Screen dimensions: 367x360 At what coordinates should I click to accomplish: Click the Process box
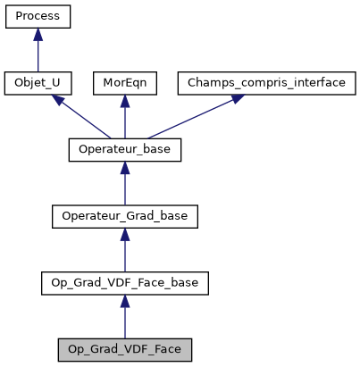[38, 16]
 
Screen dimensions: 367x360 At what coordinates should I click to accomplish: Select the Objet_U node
[38, 83]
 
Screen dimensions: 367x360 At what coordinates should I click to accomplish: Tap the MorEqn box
[125, 83]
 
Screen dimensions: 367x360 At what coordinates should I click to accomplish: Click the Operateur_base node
[125, 150]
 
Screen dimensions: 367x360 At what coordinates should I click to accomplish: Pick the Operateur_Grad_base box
[125, 217]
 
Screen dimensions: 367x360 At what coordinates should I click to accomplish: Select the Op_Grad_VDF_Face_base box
[125, 284]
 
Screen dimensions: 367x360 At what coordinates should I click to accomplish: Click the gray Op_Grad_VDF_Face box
[125, 350]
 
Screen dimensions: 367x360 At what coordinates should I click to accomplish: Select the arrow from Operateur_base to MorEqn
[125, 119]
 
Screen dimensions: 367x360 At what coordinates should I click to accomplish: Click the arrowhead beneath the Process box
[38, 34]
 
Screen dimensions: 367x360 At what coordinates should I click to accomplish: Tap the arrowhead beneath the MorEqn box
[125, 101]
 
